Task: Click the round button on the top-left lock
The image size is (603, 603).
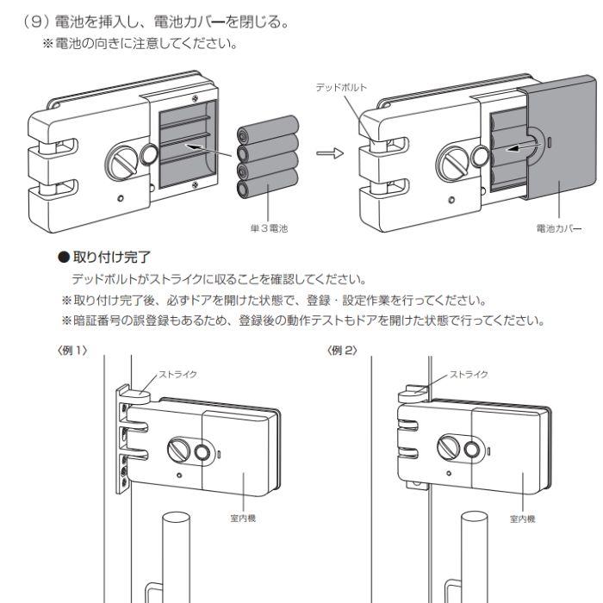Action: [147, 153]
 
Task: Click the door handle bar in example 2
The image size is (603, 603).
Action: [476, 551]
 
